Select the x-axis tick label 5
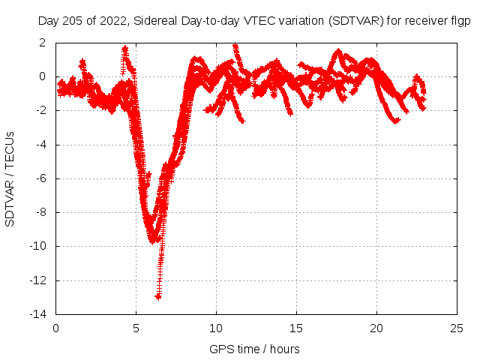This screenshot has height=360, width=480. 136,328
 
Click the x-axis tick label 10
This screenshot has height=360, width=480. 216,328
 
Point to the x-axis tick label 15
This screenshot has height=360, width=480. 296,328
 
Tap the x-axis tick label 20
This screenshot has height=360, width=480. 376,328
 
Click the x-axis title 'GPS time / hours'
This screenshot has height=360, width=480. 255,349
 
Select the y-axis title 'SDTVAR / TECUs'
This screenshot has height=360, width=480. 10,178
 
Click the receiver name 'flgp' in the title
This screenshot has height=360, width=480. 459,22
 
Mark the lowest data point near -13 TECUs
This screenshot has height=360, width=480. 158,296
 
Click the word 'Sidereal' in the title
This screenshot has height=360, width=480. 157,22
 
